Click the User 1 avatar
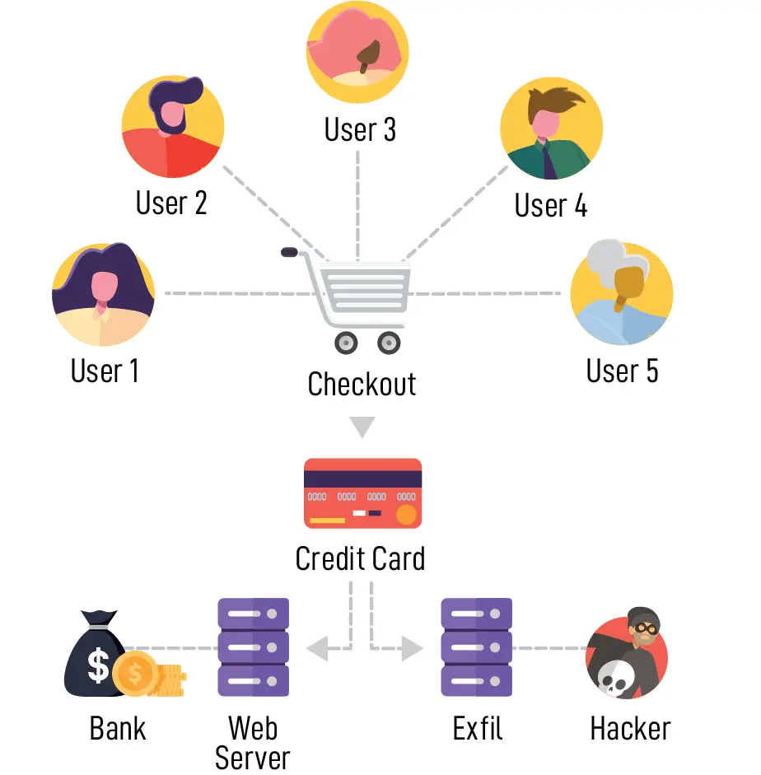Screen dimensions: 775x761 pyautogui.click(x=103, y=294)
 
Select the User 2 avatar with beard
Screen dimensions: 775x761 pyautogui.click(x=172, y=126)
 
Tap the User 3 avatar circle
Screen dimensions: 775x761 pyautogui.click(x=357, y=52)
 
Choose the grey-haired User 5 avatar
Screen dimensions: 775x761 pyautogui.click(x=622, y=293)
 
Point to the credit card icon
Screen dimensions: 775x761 pyautogui.click(x=362, y=493)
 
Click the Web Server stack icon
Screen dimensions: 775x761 pyautogui.click(x=253, y=647)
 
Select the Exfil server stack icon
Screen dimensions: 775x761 pyautogui.click(x=477, y=647)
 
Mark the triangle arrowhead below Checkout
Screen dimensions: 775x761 pyautogui.click(x=362, y=427)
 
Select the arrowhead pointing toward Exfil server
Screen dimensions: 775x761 pyautogui.click(x=413, y=649)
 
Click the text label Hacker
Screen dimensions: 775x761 pyautogui.click(x=630, y=728)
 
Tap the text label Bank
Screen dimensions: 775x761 pyautogui.click(x=118, y=728)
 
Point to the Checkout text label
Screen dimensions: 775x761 pyautogui.click(x=362, y=384)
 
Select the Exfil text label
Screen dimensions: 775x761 pyautogui.click(x=477, y=728)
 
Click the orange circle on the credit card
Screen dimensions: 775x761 pyautogui.click(x=406, y=515)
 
